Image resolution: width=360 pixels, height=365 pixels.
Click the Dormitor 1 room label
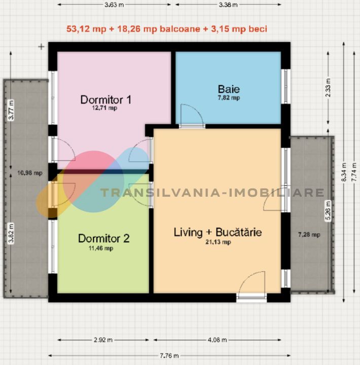[x=105, y=100]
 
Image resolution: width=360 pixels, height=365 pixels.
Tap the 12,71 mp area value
[x=104, y=108]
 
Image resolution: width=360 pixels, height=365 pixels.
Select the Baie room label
[x=229, y=89]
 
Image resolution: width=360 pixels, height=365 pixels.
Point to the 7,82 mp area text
[x=229, y=97]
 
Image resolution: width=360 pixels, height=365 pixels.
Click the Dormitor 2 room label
[x=103, y=238]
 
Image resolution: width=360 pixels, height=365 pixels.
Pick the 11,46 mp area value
[x=101, y=248]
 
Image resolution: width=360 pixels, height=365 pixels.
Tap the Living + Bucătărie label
[x=218, y=232]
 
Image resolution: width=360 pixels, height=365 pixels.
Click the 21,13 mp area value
[x=218, y=242]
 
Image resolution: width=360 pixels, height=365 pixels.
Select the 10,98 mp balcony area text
[x=30, y=173]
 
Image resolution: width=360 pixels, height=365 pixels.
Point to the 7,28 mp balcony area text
[x=309, y=235]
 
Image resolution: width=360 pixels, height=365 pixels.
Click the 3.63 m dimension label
[x=114, y=5]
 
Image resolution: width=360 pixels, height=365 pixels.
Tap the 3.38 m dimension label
[x=228, y=5]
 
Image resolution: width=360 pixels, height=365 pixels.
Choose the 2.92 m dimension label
[x=103, y=340]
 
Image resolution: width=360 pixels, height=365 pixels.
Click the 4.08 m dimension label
[x=217, y=340]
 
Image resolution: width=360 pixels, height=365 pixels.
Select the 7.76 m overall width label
[x=169, y=356]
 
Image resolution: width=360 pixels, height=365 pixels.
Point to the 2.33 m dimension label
[x=328, y=88]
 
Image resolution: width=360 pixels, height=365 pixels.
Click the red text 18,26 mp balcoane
[x=158, y=29]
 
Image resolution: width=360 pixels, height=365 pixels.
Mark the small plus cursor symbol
[x=41, y=47]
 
